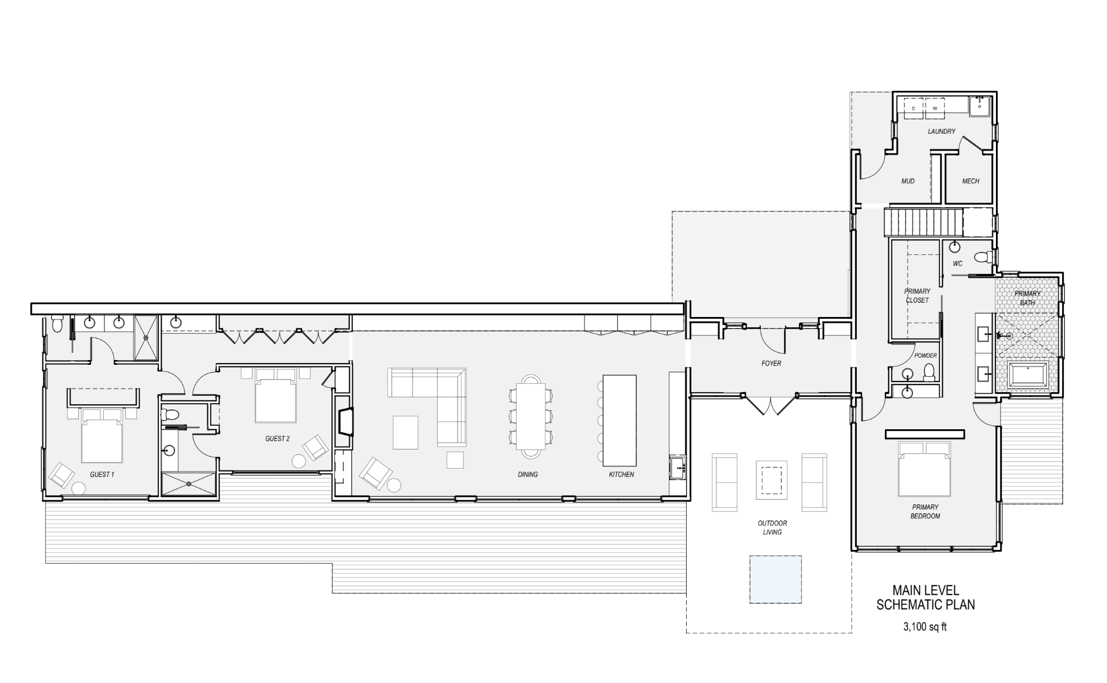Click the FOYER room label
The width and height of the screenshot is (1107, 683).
pyautogui.click(x=771, y=363)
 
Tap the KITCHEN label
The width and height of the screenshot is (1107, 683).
pyautogui.click(x=621, y=475)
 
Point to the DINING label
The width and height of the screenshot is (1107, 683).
pyautogui.click(x=528, y=475)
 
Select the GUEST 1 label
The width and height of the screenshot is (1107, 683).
pyautogui.click(x=102, y=475)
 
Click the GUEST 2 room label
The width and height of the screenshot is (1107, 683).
pyautogui.click(x=277, y=439)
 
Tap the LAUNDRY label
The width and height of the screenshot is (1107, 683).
pyautogui.click(x=941, y=131)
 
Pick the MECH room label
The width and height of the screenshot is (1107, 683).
pyautogui.click(x=970, y=181)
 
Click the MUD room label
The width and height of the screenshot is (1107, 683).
pyautogui.click(x=908, y=181)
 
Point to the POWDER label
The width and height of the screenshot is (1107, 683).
pyautogui.click(x=925, y=356)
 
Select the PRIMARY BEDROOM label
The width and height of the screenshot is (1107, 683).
pyautogui.click(x=925, y=512)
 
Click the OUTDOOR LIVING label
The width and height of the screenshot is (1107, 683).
pyautogui.click(x=772, y=528)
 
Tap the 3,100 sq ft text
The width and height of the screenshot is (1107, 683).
pyautogui.click(x=925, y=627)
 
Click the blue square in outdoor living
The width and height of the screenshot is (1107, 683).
pyautogui.click(x=776, y=579)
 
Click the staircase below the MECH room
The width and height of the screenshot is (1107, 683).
pyautogui.click(x=924, y=222)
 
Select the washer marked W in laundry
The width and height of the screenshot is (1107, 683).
pyautogui.click(x=935, y=108)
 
